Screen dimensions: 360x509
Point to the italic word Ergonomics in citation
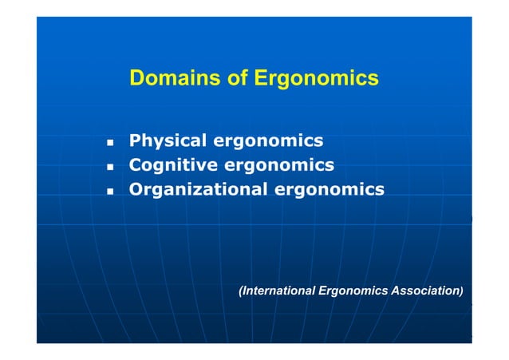(352, 292)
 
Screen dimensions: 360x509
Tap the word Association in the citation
(424, 292)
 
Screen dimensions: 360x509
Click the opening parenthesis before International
(241, 292)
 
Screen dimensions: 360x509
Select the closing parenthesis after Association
(460, 292)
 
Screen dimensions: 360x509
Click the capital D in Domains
(136, 79)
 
